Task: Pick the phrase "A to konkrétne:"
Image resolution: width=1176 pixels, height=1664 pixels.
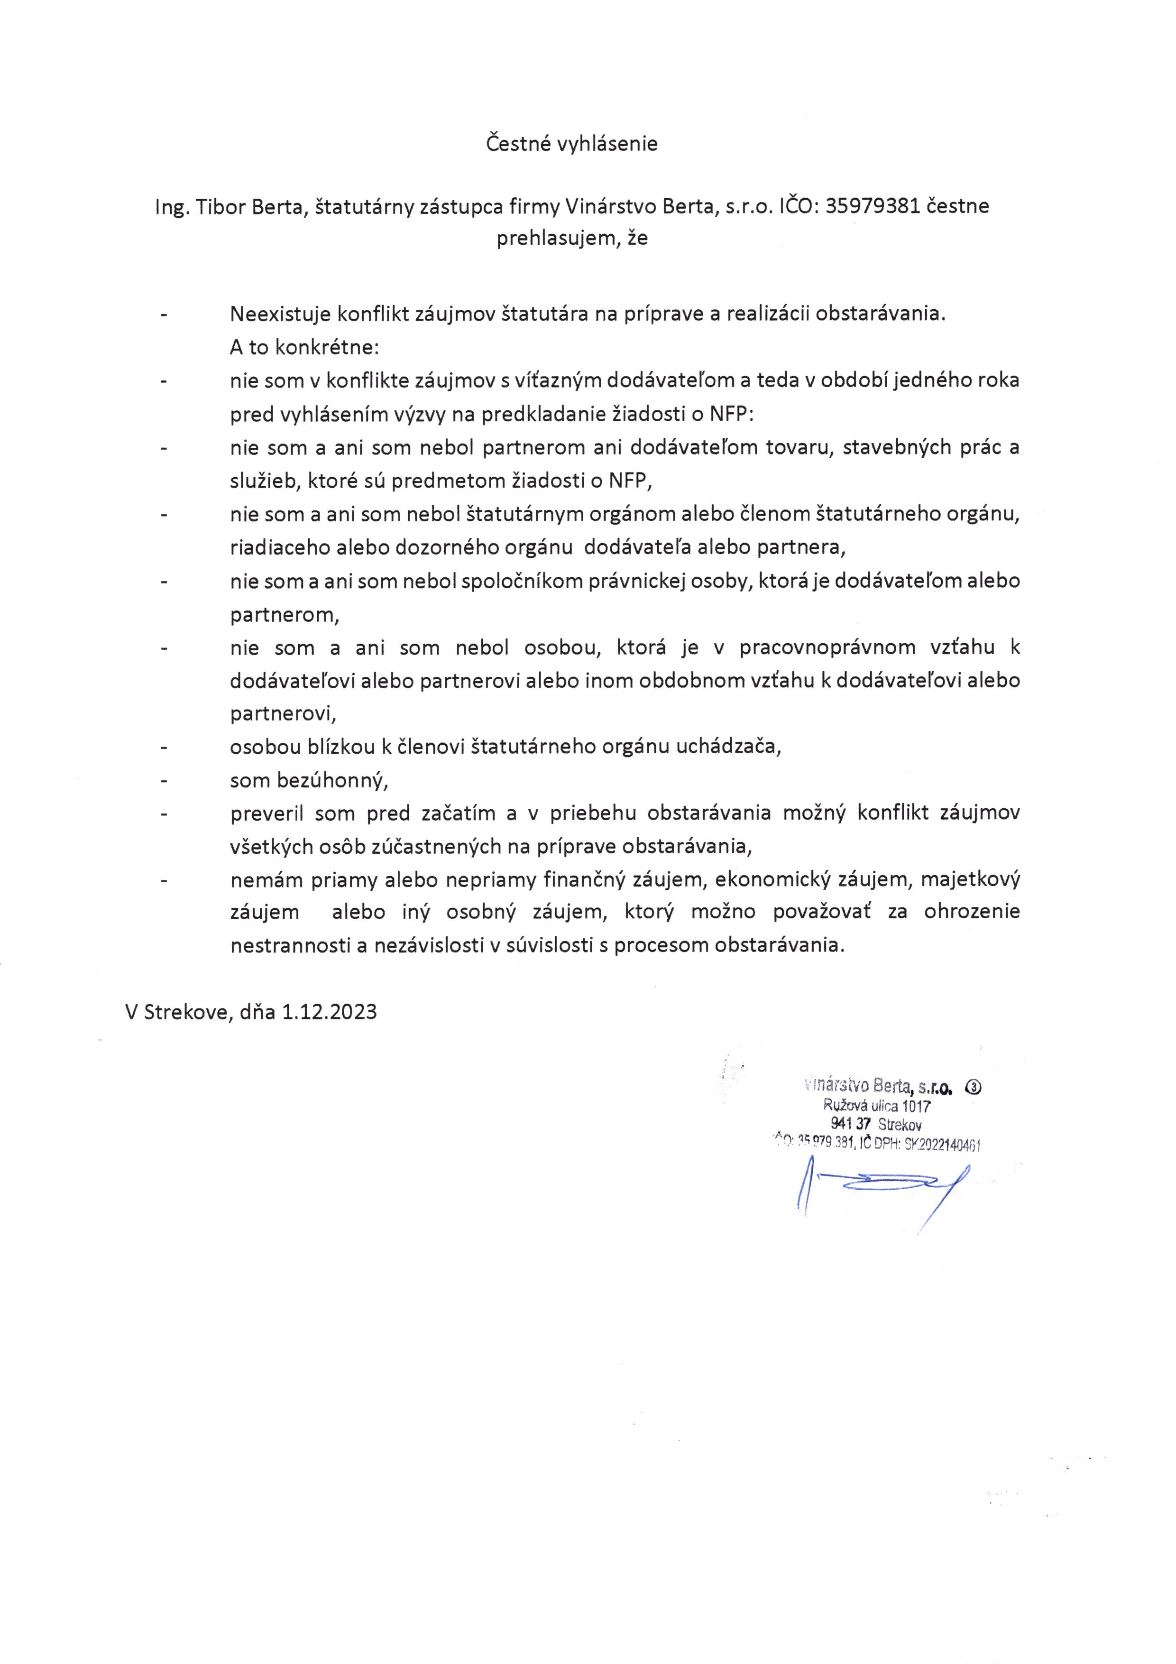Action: coord(304,347)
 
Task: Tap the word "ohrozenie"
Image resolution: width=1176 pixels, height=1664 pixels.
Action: coord(972,912)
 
